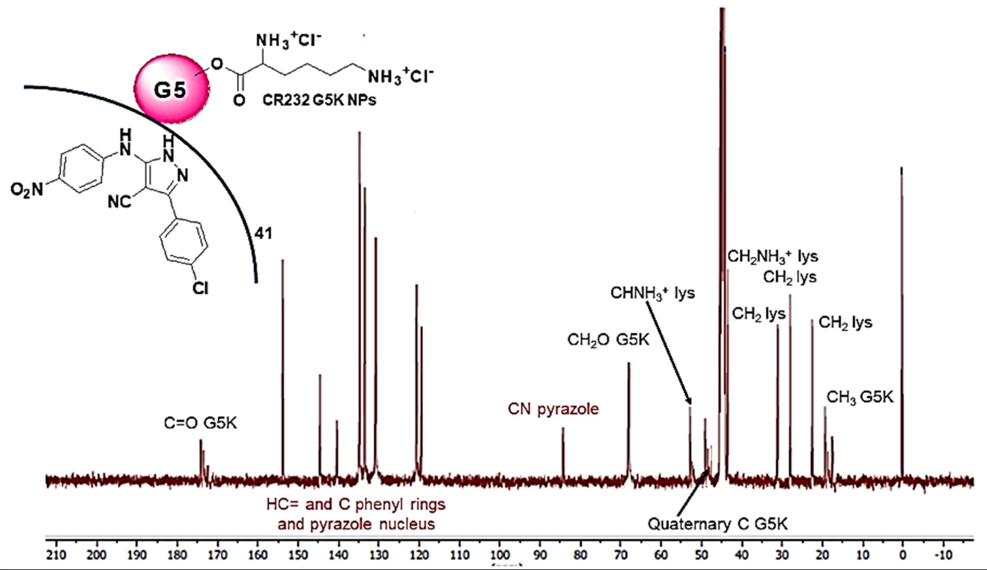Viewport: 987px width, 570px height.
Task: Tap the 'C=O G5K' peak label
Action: (200, 424)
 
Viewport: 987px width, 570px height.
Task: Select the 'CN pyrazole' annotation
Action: (553, 409)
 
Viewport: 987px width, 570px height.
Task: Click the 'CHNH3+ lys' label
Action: (653, 293)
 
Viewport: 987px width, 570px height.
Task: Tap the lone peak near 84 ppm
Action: (563, 450)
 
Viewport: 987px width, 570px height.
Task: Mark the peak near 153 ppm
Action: (283, 352)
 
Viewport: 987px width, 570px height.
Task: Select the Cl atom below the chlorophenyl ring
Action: (200, 289)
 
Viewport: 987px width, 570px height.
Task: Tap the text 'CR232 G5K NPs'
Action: (319, 101)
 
